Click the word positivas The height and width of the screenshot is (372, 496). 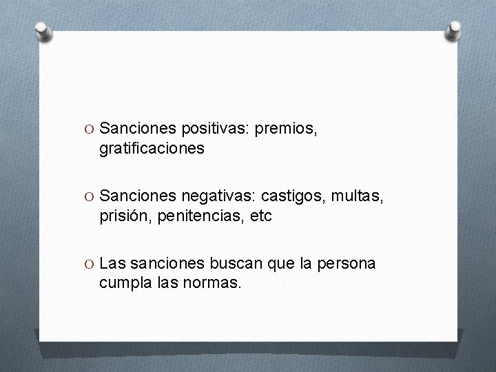coord(216,128)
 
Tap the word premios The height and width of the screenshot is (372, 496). coord(285,128)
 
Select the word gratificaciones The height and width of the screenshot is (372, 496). coord(152,148)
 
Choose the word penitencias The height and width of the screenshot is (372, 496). coord(202,216)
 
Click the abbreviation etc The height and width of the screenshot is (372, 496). coord(261,216)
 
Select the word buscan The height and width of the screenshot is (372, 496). coord(233,264)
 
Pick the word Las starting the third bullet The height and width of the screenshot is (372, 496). coord(112,264)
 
